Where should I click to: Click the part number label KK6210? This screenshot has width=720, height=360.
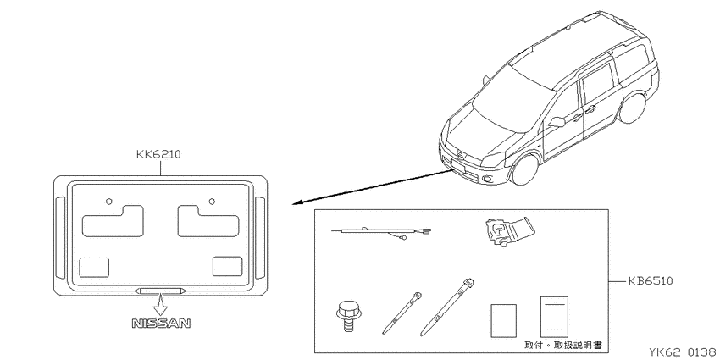[158, 154]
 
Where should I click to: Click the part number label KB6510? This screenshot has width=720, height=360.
[651, 280]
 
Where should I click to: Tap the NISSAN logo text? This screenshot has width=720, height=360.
[161, 324]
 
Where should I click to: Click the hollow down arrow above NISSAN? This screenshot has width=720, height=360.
[161, 304]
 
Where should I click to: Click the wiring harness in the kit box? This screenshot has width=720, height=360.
[382, 231]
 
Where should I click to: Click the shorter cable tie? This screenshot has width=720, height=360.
[402, 313]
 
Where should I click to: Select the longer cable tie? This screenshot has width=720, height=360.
[447, 307]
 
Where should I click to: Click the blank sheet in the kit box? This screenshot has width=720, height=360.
[504, 320]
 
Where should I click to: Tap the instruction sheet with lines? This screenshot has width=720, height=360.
[554, 317]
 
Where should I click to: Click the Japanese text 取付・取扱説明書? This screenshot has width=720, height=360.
[563, 345]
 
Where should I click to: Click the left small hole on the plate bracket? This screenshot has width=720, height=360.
[108, 201]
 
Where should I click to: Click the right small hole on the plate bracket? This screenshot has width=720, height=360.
[212, 201]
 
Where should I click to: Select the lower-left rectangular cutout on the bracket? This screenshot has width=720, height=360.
[94, 268]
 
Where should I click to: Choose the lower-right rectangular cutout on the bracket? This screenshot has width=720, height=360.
[227, 266]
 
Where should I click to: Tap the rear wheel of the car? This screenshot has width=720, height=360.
[633, 108]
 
